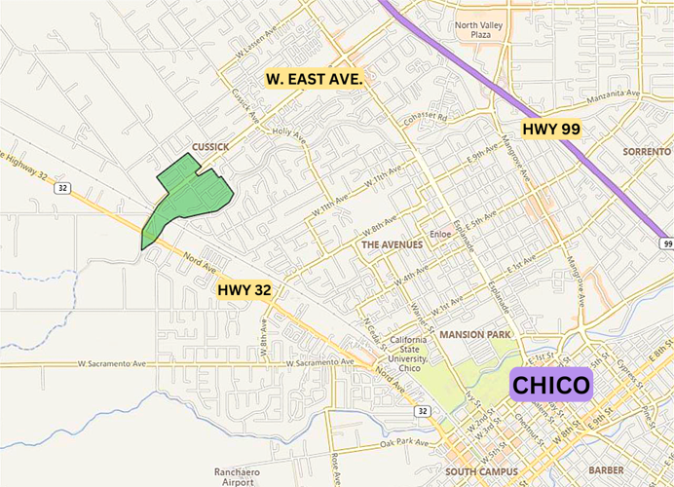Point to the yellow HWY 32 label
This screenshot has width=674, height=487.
pos(244,288)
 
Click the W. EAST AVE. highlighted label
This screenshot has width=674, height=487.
pos(315,77)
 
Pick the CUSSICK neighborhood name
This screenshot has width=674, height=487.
pos(210,147)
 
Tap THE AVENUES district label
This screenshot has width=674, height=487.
pos(393,244)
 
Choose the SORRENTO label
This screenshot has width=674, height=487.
pos(647,152)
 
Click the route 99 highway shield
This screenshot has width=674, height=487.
pos(665,241)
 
